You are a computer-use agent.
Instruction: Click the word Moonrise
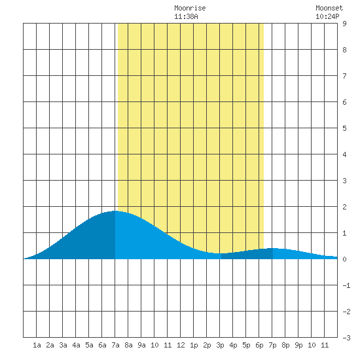point(190,8)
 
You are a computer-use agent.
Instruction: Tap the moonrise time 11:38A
point(186,16)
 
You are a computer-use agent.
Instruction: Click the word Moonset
point(329,8)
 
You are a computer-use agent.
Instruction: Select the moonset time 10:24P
point(327,16)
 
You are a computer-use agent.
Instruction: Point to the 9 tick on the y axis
point(344,24)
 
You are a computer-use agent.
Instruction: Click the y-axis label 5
point(344,128)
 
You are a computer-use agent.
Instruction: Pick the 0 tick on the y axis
point(344,259)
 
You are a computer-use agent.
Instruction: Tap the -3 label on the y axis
point(346,338)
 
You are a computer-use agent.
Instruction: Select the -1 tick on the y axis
point(346,285)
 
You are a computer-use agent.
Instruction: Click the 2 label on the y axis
point(344,207)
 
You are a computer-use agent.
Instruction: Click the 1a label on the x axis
point(37,345)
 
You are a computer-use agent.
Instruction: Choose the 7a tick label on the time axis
point(115,345)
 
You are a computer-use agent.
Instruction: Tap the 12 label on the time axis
point(181,345)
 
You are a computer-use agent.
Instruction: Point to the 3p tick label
point(220,345)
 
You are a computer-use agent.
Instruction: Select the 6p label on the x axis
point(259,345)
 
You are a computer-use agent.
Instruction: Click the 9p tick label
point(298,345)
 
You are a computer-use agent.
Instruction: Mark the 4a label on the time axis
point(76,345)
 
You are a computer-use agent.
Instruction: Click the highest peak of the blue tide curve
point(116,211)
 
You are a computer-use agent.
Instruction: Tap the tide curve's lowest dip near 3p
point(220,253)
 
